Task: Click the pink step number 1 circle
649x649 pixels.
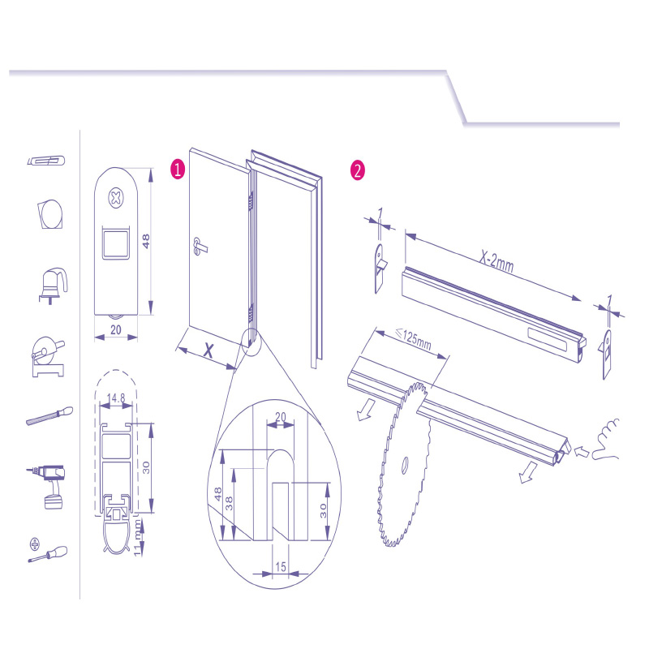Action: coord(178,170)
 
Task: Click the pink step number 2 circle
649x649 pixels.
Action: coord(358,170)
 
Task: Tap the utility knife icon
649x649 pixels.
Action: coord(46,160)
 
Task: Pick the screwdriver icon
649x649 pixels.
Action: coord(48,551)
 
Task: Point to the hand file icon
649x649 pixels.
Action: coord(49,416)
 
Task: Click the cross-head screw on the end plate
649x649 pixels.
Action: coord(116,198)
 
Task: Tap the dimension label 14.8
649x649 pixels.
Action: coord(116,398)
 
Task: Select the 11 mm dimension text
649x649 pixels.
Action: coord(138,539)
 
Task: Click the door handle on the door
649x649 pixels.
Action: coord(200,245)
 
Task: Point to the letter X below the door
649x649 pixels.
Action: coord(208,350)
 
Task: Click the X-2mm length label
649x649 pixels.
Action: coord(496,261)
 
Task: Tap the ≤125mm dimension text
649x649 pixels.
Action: coord(414,339)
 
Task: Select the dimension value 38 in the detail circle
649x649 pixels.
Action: coord(229,503)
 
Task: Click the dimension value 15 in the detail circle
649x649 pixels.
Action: coord(281,566)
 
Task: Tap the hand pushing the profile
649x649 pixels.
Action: coord(605,440)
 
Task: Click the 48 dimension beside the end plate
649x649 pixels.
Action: coord(146,241)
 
